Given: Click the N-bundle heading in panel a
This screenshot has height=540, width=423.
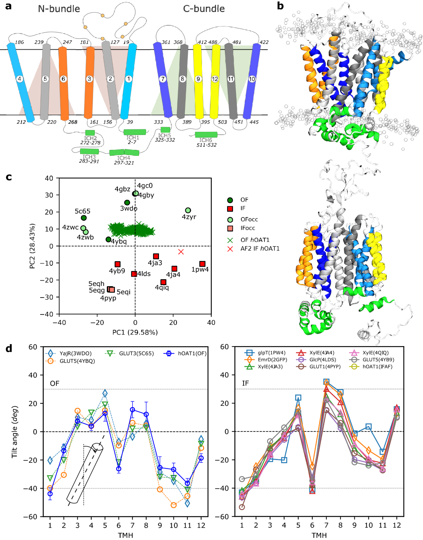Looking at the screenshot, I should tap(59, 9).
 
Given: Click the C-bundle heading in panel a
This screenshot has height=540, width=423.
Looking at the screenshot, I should tap(204, 9).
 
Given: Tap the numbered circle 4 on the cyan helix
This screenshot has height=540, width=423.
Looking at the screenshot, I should tap(20, 79).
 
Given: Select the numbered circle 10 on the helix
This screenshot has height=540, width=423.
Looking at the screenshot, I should tap(252, 79).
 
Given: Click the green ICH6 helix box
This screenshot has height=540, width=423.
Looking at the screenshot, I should tap(206, 134).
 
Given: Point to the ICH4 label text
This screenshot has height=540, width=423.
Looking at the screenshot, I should tap(124, 158).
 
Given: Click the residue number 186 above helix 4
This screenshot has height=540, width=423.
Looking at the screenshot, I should tap(19, 42).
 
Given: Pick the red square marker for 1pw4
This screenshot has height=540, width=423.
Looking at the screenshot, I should tap(202, 264).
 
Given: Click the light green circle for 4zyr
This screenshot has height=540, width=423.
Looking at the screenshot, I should tap(188, 210).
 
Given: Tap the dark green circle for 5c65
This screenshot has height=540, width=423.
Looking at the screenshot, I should tap(84, 218).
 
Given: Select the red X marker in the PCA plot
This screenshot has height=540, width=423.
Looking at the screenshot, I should tap(181, 252).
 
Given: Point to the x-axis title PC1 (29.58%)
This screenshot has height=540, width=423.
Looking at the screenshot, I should tap(135, 332).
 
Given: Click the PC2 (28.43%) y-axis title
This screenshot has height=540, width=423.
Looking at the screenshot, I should tap(32, 246).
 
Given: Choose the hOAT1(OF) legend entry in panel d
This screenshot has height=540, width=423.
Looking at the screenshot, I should tap(192, 354).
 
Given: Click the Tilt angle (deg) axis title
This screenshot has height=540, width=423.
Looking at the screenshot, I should tap(14, 431).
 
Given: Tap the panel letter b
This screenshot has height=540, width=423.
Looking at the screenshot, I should tap(280, 6).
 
